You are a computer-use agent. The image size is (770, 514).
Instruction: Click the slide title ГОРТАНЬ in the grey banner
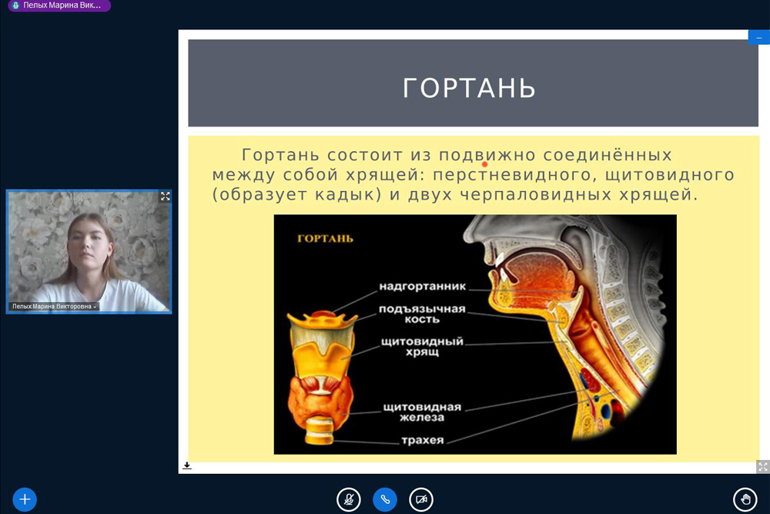469,88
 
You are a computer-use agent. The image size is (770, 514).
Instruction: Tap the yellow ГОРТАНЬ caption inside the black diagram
325,239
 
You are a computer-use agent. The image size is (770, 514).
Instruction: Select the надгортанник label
422,287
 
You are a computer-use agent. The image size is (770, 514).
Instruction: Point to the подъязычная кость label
422,314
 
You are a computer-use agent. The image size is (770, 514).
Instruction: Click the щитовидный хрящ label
422,346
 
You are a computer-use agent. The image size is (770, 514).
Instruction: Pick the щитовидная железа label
422,412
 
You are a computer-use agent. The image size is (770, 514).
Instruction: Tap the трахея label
422,440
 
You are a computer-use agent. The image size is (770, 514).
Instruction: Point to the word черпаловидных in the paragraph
536,195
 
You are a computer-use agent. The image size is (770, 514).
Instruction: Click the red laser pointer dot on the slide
484,165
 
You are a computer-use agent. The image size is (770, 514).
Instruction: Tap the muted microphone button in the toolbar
349,500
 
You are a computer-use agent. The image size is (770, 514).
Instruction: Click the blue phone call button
385,500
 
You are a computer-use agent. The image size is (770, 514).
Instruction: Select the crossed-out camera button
421,500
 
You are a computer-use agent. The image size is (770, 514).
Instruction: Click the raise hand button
745,500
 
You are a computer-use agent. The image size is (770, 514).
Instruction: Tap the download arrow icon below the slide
186,465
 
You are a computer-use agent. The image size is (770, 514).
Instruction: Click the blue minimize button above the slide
758,37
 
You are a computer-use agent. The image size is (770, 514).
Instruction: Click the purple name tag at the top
59,5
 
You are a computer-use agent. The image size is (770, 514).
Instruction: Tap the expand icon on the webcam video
166,197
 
